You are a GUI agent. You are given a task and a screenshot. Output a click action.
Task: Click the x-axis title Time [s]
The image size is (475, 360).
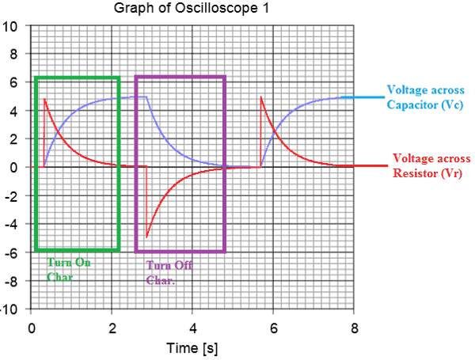(192, 348)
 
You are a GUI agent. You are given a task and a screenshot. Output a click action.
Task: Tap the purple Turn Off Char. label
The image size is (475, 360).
(168, 272)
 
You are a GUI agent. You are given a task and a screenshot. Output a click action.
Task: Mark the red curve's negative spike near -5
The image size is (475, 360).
(146, 237)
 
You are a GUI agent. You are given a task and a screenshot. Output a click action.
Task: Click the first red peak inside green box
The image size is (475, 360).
(45, 99)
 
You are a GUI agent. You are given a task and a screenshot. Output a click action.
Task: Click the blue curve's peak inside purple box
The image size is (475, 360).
(146, 97)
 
